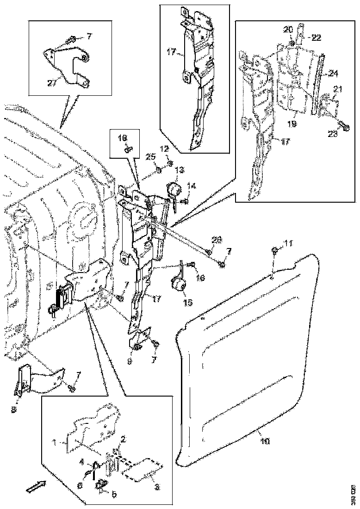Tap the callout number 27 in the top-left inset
pos(52,82)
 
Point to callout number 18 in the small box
pos(122,138)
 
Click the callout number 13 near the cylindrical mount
pos(179,170)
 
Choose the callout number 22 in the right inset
pos(316,38)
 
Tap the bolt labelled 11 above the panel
pos(274,251)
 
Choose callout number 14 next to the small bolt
pos(192,186)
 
